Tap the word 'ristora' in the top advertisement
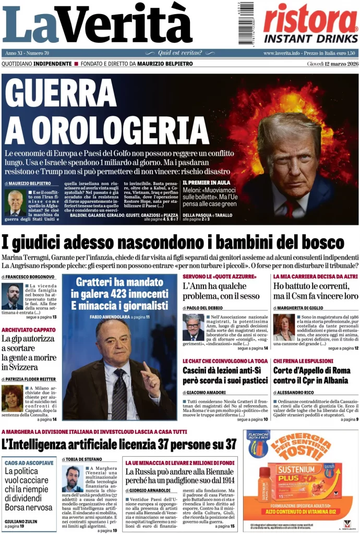coord(309,19)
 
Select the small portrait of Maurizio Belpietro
coord(15,202)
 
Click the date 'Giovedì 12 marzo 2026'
coord(332,64)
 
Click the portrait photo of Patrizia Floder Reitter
coord(13,398)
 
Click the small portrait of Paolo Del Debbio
coord(193,327)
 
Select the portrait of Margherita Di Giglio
coord(284,327)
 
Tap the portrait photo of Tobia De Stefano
coord(73,478)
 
